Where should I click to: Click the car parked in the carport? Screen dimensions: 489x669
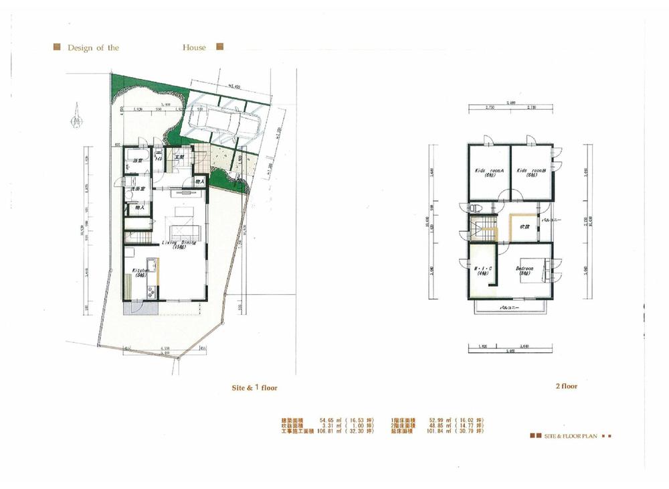pyautogui.click(x=223, y=125)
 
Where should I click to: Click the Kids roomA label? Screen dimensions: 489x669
pyautogui.click(x=489, y=171)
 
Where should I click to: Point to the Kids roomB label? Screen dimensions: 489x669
pyautogui.click(x=531, y=171)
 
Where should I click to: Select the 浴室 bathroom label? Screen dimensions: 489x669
pyautogui.click(x=138, y=161)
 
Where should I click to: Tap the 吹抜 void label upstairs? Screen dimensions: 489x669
pyautogui.click(x=524, y=226)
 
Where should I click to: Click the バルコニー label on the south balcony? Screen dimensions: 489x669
pyautogui.click(x=512, y=308)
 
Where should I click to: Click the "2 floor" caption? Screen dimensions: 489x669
pyautogui.click(x=566, y=387)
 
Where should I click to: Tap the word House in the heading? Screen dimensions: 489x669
pyautogui.click(x=194, y=48)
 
